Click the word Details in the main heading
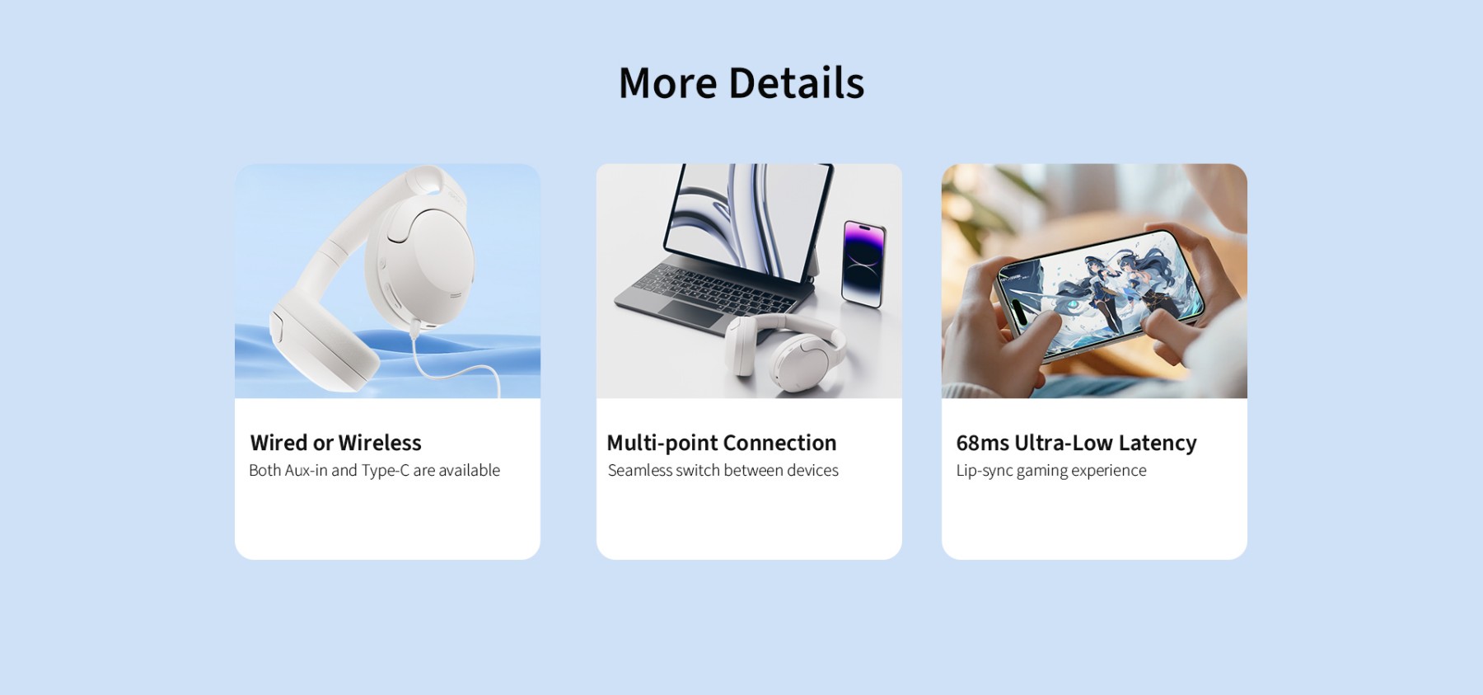click(797, 83)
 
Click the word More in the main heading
click(668, 83)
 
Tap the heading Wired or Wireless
click(336, 443)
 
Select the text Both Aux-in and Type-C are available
click(375, 470)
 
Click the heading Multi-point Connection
click(722, 443)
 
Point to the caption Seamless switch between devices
click(723, 470)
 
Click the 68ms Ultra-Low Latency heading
click(1076, 443)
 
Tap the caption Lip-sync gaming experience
click(1051, 471)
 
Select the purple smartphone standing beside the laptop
click(863, 264)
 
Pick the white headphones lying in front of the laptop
click(783, 346)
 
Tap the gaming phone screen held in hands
click(1100, 293)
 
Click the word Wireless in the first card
click(380, 443)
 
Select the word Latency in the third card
click(1158, 443)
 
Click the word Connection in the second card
click(780, 443)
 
